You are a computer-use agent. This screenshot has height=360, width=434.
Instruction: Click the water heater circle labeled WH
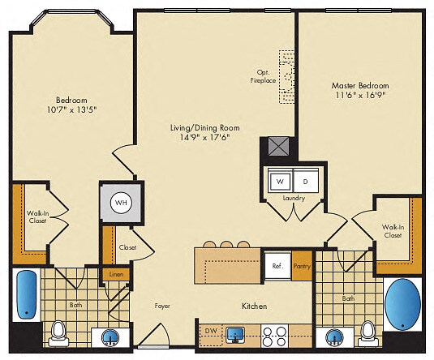[x=120, y=201]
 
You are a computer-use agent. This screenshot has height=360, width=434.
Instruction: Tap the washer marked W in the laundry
[x=278, y=181]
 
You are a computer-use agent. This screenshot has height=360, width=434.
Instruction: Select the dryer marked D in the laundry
[x=305, y=181]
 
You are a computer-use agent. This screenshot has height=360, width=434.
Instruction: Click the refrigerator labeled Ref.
[x=276, y=265]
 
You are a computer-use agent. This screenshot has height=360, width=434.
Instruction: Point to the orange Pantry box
[x=302, y=266]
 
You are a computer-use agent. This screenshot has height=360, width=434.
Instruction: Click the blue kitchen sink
[x=236, y=333]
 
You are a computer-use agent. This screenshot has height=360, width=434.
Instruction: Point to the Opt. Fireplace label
[x=264, y=75]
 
